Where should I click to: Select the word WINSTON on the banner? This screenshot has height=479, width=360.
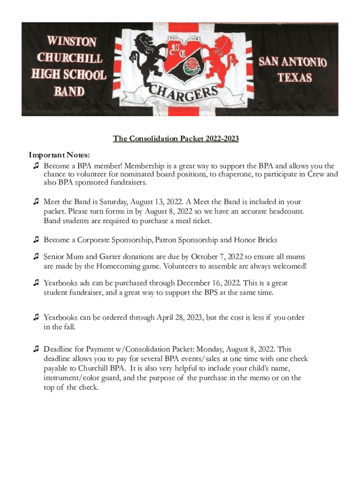point(68,43)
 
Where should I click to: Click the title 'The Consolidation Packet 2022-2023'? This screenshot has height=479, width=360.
point(176,139)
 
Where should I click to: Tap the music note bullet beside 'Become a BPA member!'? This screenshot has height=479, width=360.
point(36,166)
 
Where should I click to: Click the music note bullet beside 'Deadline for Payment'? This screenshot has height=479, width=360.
point(36,349)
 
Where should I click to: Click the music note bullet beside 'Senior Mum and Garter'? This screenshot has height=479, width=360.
point(36,257)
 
